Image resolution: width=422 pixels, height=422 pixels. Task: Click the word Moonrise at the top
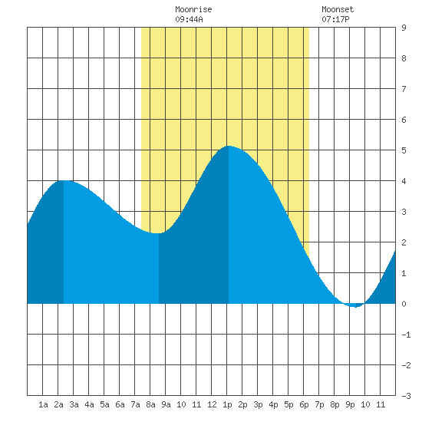[193, 9]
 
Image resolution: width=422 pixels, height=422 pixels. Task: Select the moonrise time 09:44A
[189, 19]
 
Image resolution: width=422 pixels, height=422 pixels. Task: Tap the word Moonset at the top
[338, 9]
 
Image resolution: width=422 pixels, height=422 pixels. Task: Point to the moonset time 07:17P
[335, 19]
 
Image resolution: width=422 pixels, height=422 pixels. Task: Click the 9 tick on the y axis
[404, 28]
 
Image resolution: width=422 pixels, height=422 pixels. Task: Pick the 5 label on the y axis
[404, 150]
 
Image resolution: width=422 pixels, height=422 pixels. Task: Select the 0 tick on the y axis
[404, 304]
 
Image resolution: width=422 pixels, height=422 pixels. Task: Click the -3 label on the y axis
[406, 396]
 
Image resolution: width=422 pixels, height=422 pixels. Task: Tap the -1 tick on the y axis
[406, 335]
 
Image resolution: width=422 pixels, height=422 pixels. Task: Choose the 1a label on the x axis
[43, 404]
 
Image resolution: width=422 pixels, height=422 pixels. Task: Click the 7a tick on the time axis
[135, 404]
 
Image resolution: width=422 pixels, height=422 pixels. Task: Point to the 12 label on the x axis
[212, 404]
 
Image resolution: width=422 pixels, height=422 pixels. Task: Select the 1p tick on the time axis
[227, 404]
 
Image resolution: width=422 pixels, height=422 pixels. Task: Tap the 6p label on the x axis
[304, 404]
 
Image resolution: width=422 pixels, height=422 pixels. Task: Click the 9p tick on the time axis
[350, 404]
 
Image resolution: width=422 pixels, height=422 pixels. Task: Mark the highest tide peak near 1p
[229, 146]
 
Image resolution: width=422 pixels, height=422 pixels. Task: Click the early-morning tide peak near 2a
[64, 180]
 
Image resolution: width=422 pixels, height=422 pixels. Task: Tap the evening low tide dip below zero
[356, 307]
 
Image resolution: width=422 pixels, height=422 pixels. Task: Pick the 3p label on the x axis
[258, 404]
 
